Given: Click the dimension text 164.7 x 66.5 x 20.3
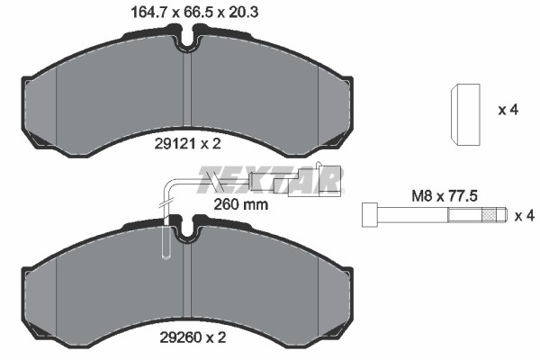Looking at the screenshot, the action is tap(194, 13).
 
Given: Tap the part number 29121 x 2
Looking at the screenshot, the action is tap(187, 144).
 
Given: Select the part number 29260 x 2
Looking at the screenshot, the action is tap(193, 337).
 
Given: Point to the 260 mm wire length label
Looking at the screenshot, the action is tap(240, 204).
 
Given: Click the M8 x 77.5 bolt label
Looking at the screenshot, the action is tap(445, 196).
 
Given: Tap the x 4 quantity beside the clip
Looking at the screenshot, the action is tap(508, 110).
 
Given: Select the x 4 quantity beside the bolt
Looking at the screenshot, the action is tap(524, 216).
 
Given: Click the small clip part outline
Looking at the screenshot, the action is tap(465, 113).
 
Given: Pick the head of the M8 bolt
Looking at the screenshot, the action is tap(370, 215).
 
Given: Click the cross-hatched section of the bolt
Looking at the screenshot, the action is tap(489, 215).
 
